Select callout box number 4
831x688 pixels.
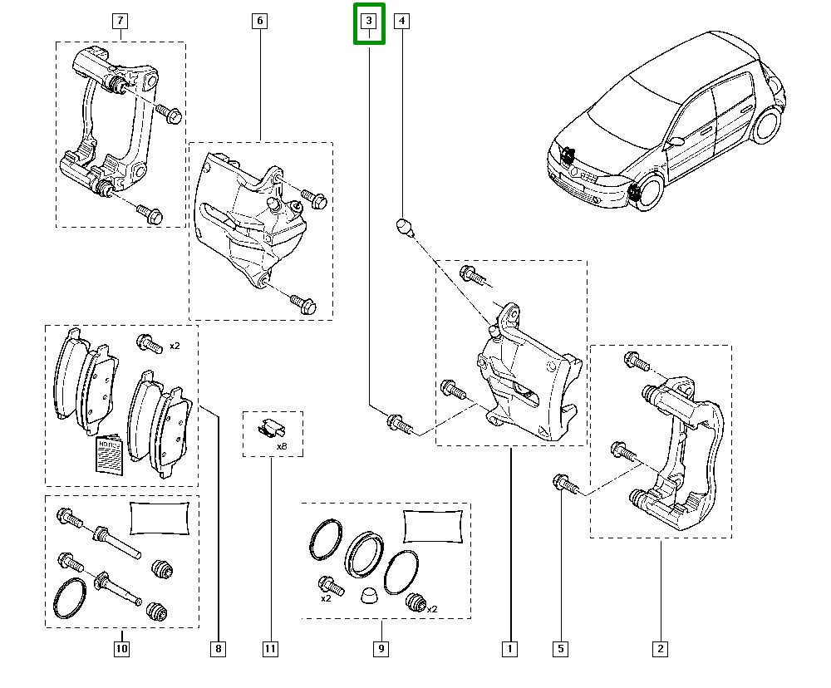tap(401, 22)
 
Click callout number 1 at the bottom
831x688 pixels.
tap(509, 648)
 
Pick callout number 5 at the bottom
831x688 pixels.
tap(561, 648)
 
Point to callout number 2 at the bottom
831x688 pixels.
tap(661, 648)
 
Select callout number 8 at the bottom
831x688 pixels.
tap(219, 648)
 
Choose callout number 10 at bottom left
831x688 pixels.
tap(121, 648)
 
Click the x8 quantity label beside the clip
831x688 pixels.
tap(282, 446)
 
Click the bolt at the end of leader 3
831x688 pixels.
tap(397, 425)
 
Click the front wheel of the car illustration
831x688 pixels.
tap(641, 193)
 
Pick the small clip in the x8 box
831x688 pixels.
tap(268, 429)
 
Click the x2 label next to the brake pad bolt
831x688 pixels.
tap(175, 346)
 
